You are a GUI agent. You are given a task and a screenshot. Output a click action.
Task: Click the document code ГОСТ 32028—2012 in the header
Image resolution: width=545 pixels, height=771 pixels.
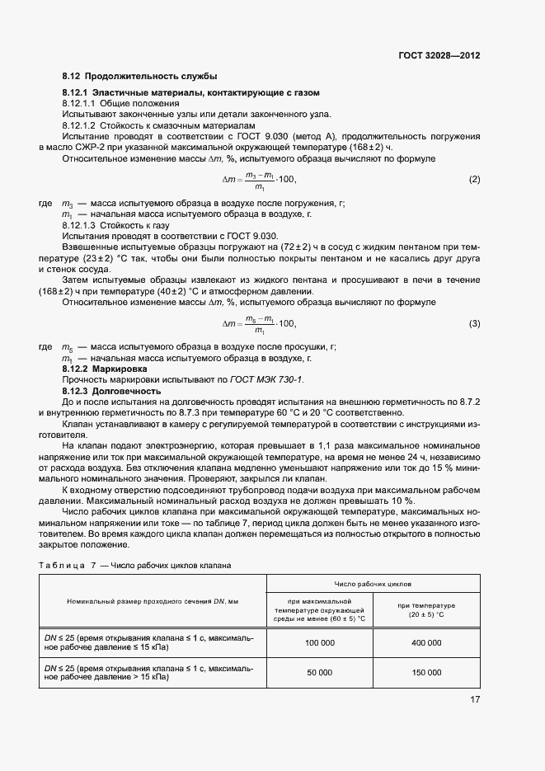coord(439,56)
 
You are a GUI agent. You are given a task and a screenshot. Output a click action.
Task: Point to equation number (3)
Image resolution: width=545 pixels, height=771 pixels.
coord(474,323)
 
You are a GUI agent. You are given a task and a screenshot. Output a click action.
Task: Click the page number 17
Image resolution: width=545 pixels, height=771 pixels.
coord(475,699)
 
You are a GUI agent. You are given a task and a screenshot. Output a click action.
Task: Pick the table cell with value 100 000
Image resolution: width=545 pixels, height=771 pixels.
coord(320,642)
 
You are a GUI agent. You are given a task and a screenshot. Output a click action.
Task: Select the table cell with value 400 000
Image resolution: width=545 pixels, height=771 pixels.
coord(426,642)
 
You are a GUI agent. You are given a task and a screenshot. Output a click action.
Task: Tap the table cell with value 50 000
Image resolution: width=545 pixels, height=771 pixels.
coord(320,673)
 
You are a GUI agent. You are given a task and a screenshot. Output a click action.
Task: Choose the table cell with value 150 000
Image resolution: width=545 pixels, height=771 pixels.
coord(426,673)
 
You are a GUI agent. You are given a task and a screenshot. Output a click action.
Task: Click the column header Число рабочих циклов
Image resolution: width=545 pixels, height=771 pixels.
coord(374,583)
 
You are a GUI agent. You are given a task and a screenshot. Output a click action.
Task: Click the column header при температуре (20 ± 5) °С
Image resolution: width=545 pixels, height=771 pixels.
coord(426,611)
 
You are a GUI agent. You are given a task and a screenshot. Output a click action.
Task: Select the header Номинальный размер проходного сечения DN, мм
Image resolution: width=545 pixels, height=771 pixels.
coord(153,601)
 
